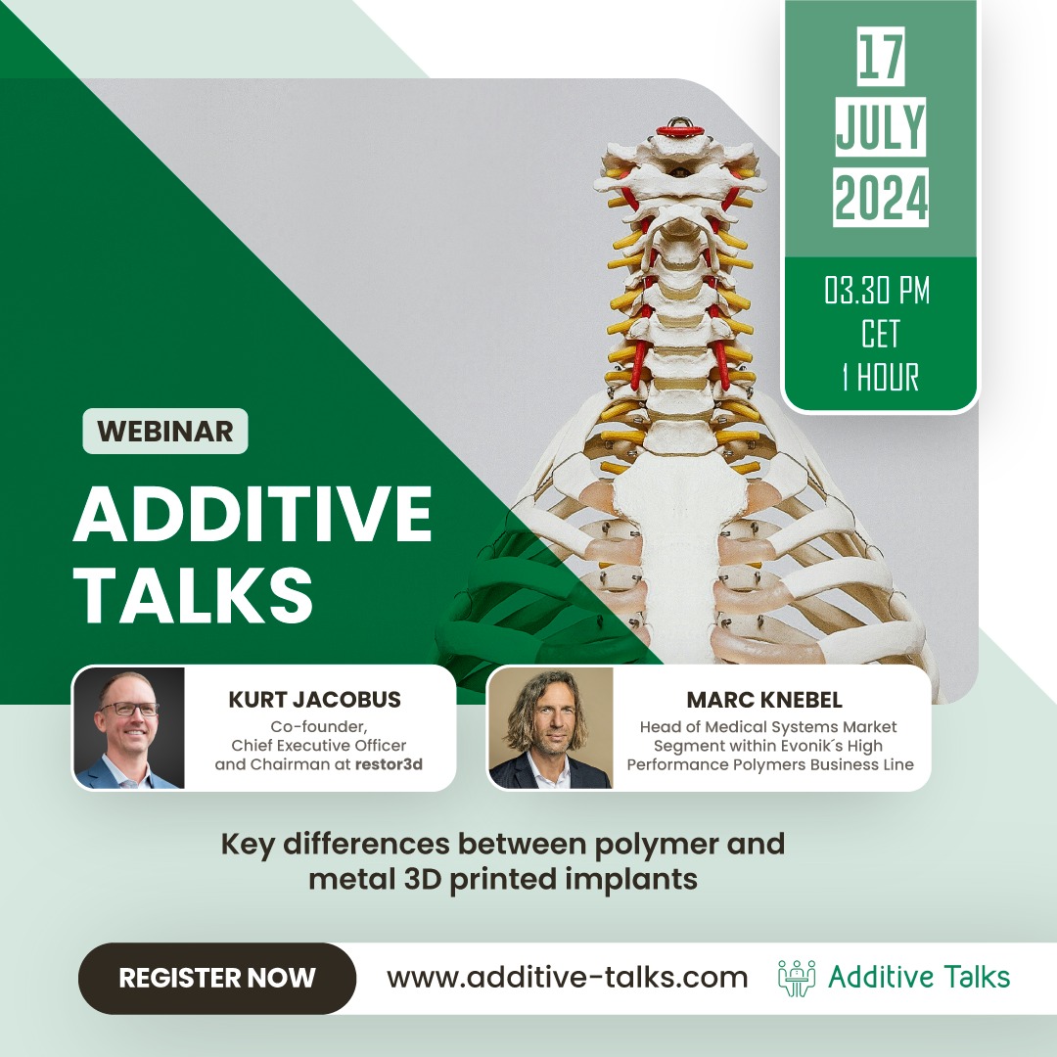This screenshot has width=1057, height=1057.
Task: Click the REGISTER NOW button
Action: pos(216,978)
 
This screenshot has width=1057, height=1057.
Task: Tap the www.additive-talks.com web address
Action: pos(567,978)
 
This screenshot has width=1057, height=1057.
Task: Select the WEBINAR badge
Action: pos(165,432)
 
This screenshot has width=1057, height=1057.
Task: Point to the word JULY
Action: pos(880,127)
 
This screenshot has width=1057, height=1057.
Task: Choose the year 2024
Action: pos(881,199)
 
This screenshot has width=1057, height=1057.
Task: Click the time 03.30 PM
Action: pos(877,292)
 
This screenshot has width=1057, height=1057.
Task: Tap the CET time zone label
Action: pos(880,335)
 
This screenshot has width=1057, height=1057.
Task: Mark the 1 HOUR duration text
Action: pos(880,378)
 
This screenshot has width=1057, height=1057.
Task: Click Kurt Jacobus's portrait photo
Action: pos(129,728)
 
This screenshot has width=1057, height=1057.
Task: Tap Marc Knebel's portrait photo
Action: pos(551,728)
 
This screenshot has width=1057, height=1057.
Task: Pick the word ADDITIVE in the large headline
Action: pos(253,514)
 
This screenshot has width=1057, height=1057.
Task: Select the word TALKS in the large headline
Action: pos(193,591)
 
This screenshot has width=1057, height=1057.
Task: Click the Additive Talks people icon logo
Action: pos(797,978)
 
